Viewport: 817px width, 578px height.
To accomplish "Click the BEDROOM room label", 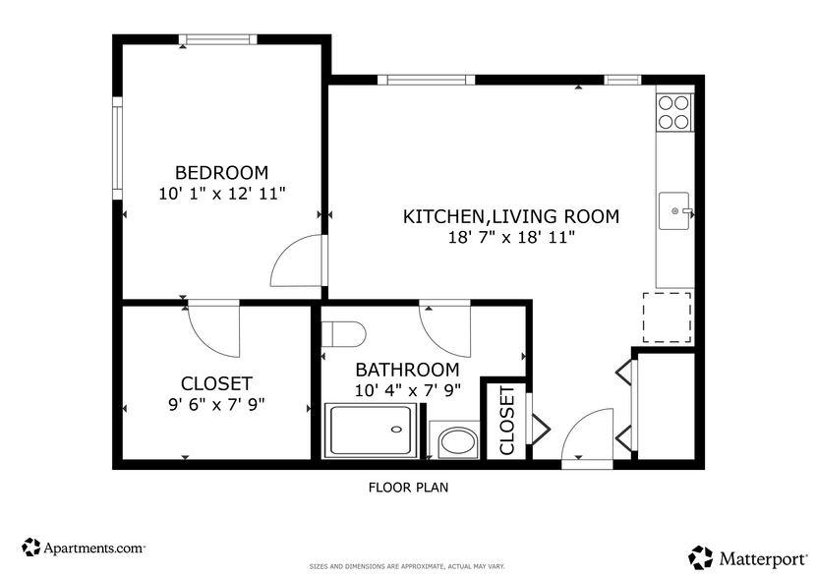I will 221,172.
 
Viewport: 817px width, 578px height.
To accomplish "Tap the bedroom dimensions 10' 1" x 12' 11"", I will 221,194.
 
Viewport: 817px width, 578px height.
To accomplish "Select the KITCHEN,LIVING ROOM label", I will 511,216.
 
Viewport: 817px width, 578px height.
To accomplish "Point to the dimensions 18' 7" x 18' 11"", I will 511,238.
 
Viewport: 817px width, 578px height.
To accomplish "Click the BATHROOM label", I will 407,370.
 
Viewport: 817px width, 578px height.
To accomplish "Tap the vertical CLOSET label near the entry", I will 507,420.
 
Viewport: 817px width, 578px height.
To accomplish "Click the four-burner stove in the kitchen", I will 673,111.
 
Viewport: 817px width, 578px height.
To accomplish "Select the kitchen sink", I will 675,210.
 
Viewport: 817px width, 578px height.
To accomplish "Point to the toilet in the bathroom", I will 344,333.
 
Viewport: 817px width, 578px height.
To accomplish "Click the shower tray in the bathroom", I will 374,431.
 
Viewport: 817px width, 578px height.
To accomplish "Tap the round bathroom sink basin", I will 456,441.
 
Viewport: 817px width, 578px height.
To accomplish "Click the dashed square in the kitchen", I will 668,317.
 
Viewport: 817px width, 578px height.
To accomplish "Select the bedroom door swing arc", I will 295,260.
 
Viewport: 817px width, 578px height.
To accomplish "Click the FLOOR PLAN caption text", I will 409,487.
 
